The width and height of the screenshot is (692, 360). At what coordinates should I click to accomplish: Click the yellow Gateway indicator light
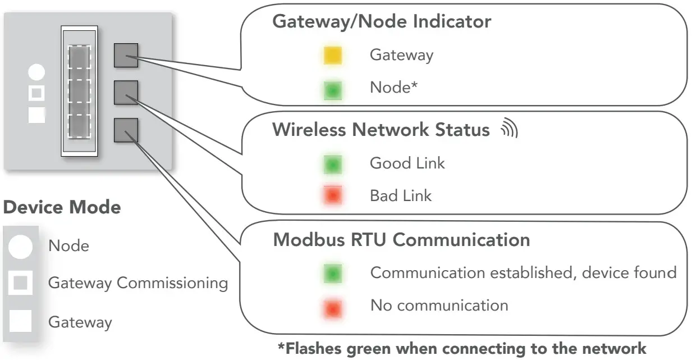(333, 56)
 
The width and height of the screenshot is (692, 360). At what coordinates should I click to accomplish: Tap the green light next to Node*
(333, 89)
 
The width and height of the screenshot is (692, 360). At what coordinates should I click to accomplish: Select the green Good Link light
(333, 164)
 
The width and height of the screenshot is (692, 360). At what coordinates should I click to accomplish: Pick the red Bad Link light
(333, 196)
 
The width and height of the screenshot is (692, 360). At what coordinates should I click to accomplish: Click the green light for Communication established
(333, 274)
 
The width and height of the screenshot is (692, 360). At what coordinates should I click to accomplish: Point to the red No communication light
(333, 307)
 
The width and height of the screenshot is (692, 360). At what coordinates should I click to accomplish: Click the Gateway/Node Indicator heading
(381, 22)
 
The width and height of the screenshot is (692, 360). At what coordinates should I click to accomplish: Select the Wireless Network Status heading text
(381, 130)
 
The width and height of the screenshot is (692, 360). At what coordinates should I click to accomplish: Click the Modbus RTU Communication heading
(401, 240)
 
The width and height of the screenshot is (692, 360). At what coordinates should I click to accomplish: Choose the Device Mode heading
(62, 207)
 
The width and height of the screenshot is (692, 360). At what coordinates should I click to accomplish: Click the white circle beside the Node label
(20, 247)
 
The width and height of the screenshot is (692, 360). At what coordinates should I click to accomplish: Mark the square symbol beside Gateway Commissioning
(20, 283)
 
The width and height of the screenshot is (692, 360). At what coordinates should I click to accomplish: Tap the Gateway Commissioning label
(138, 283)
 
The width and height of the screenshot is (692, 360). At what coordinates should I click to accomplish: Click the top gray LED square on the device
(126, 55)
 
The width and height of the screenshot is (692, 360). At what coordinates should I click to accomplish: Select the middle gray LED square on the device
(126, 92)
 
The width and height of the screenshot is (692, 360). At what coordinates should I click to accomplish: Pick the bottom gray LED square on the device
(126, 130)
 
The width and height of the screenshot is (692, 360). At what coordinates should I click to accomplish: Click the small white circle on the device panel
(36, 72)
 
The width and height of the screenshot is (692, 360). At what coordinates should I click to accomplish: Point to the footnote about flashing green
(462, 348)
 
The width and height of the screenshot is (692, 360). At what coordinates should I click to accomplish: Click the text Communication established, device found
(523, 273)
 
